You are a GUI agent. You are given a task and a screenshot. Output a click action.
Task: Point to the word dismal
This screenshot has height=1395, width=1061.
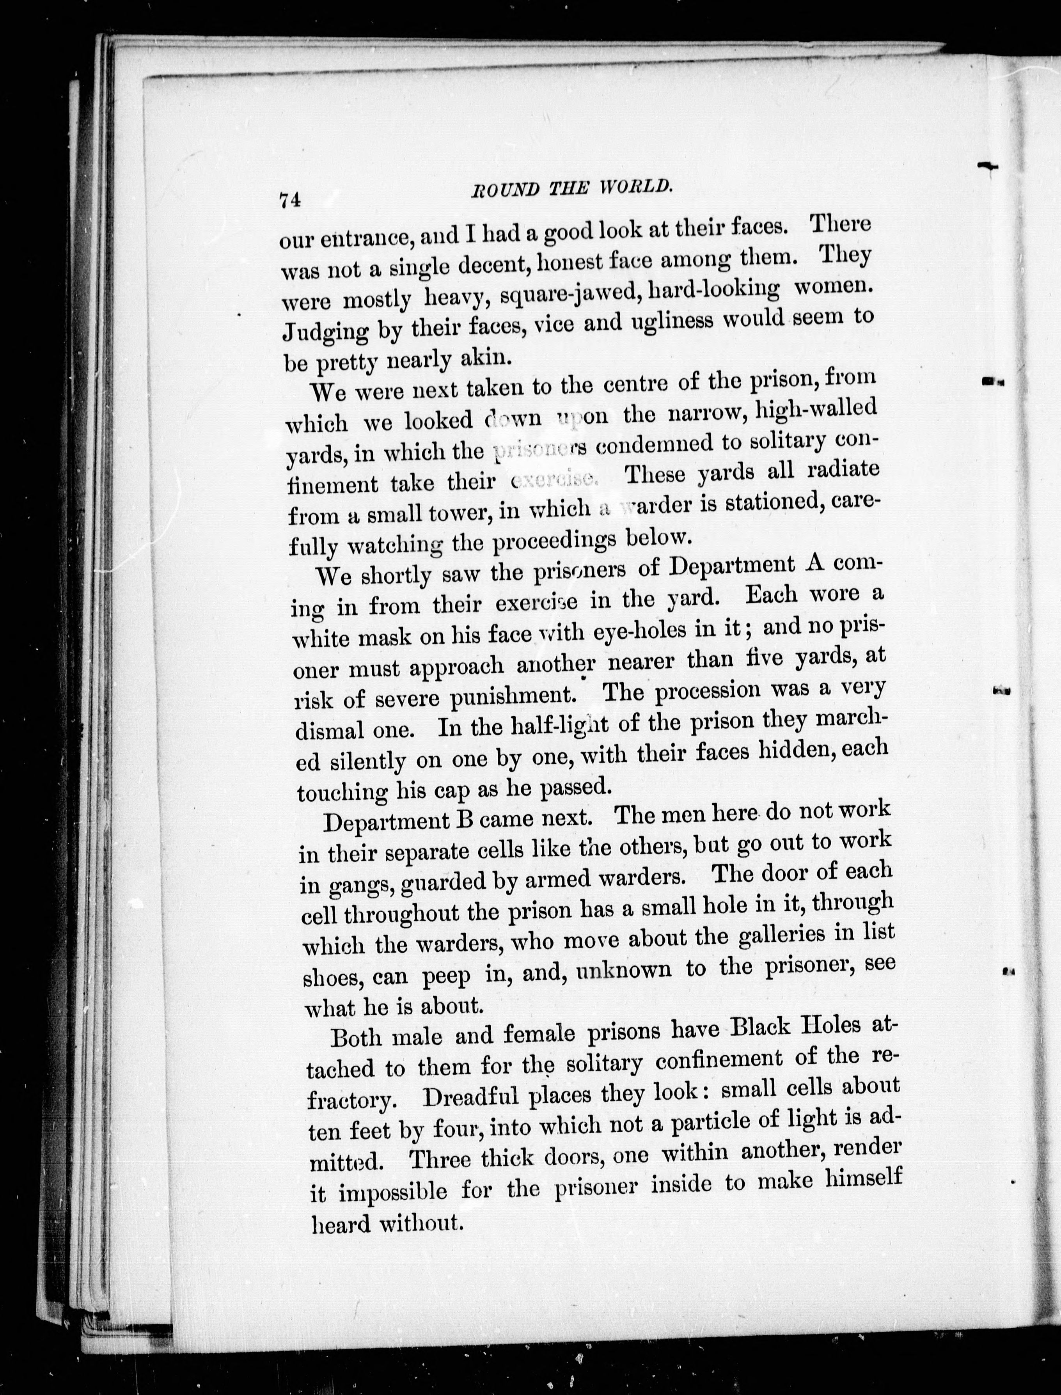(x=330, y=731)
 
